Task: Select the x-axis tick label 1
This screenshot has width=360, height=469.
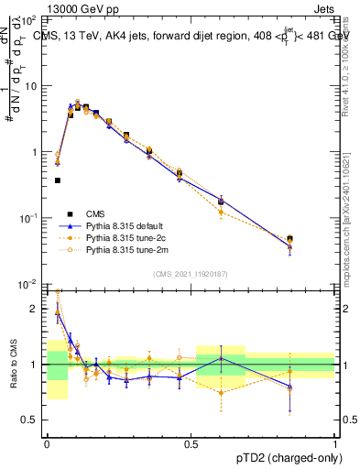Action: point(336,443)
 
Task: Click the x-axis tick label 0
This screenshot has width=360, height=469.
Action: point(47,443)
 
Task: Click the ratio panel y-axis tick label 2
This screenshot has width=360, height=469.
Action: point(37,310)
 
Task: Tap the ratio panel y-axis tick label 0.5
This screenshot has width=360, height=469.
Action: point(33,420)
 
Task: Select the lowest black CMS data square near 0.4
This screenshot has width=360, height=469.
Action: point(58,180)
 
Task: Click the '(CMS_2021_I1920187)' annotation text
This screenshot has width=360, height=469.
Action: point(191,274)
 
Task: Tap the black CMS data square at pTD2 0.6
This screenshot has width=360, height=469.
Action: point(221,201)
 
